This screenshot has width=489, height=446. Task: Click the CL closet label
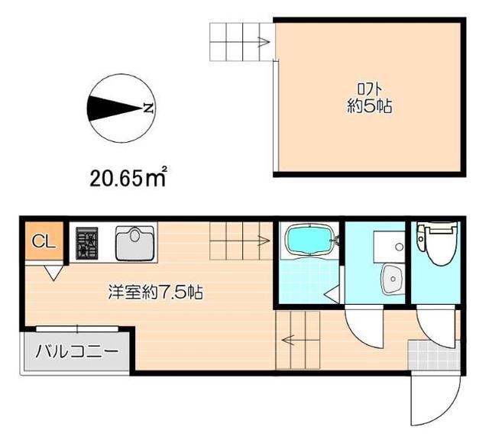click(43, 242)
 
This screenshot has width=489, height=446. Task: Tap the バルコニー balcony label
click(74, 354)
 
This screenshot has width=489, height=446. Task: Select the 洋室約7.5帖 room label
click(155, 292)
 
